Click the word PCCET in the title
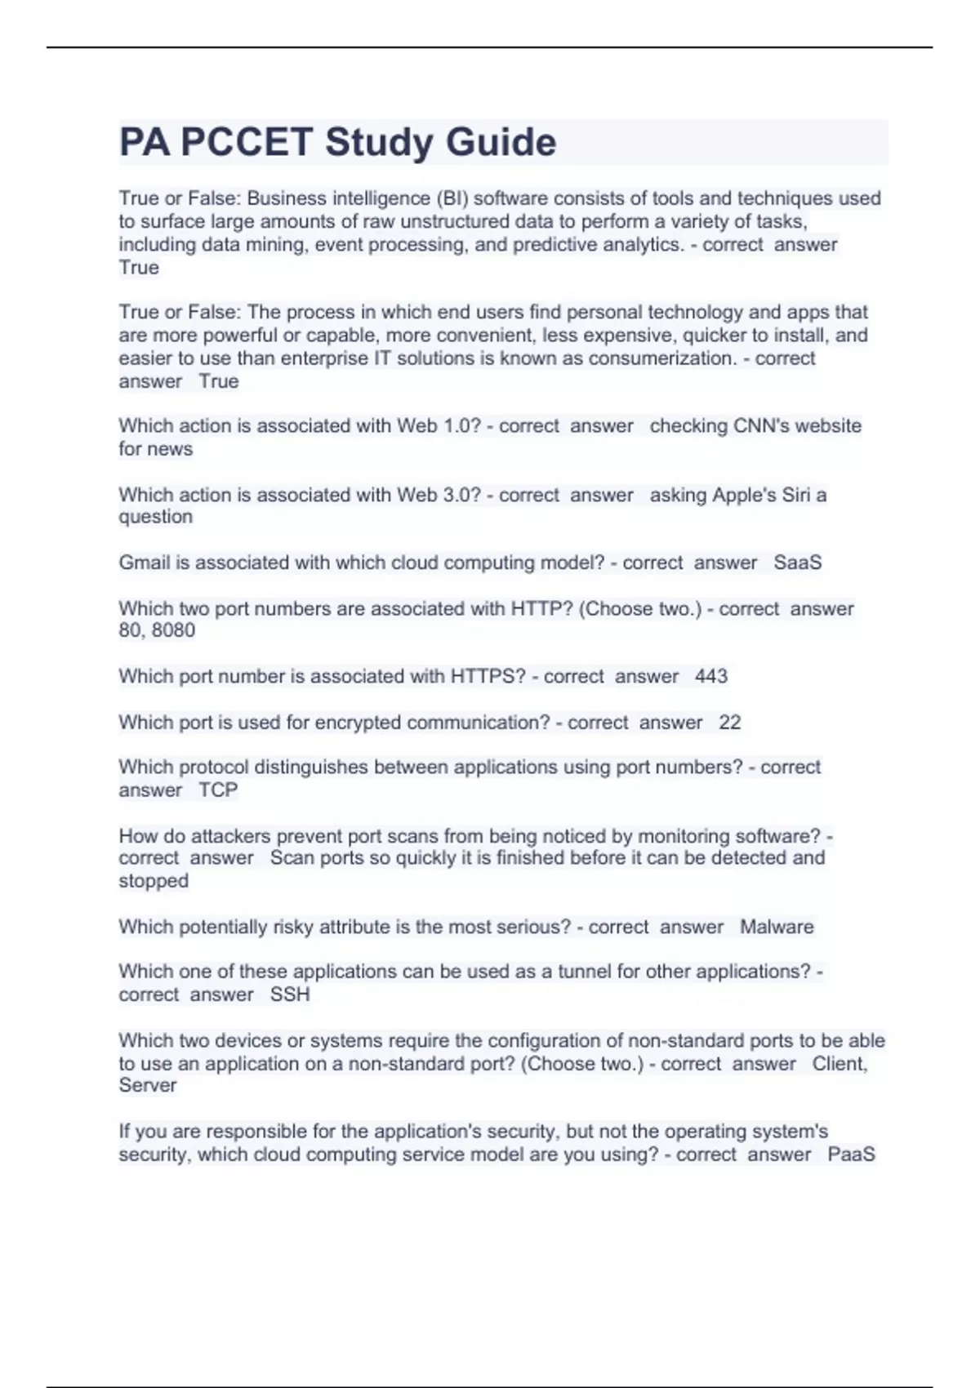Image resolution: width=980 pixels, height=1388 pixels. click(246, 142)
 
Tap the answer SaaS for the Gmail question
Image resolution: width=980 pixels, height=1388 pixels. click(797, 563)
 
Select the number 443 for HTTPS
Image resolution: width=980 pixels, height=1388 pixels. click(710, 676)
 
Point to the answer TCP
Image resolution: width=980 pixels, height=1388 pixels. click(218, 790)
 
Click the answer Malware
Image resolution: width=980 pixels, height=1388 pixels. click(776, 927)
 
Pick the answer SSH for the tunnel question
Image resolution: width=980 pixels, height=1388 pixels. click(290, 994)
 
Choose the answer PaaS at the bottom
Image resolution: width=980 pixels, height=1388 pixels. click(851, 1154)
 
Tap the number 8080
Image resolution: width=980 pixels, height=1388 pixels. click(173, 630)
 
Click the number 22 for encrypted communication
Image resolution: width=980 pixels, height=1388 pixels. click(729, 723)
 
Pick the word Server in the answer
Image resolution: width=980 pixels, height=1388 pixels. click(147, 1085)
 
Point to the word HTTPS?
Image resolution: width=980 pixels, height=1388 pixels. click(488, 676)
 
